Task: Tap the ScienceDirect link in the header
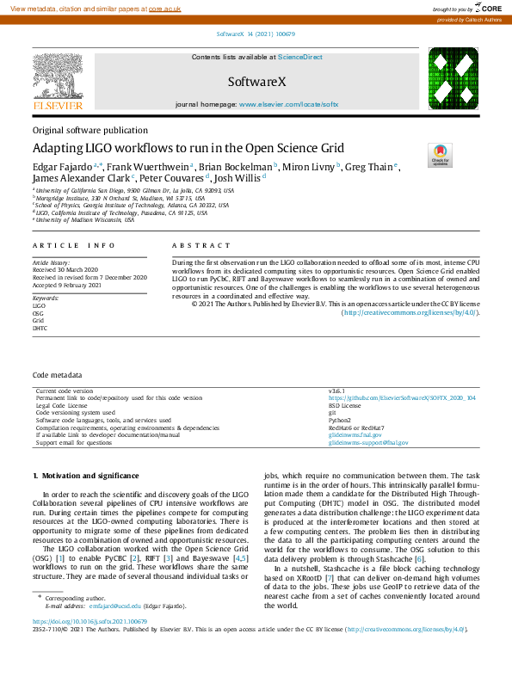pyautogui.click(x=300, y=57)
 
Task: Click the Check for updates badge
pyautogui.click(x=440, y=157)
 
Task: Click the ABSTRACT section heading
pyautogui.click(x=196, y=245)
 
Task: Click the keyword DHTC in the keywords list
pyautogui.click(x=40, y=329)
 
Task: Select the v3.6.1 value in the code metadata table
pyautogui.click(x=336, y=391)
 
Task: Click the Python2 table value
pyautogui.click(x=339, y=421)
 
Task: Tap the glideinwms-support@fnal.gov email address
pyautogui.click(x=368, y=443)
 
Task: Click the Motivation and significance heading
pyautogui.click(x=85, y=476)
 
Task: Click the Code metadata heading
pyautogui.click(x=58, y=376)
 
